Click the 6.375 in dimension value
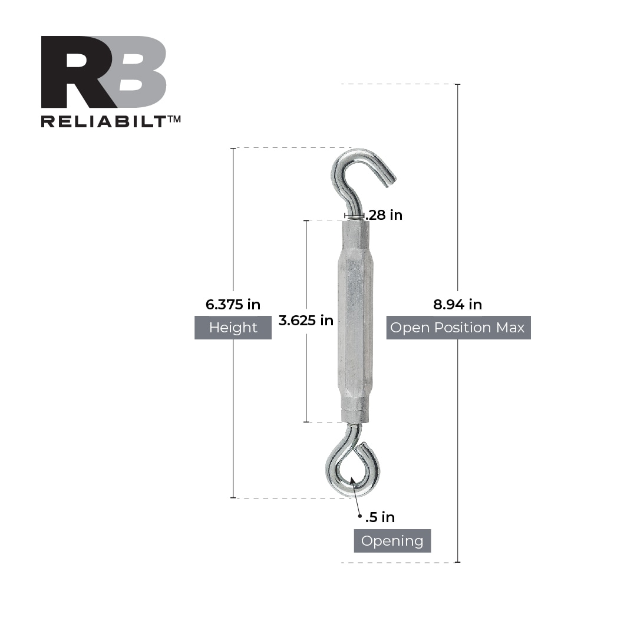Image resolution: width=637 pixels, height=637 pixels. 233,305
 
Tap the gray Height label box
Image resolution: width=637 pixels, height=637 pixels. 233,328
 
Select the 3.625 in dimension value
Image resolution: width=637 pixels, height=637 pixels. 306,321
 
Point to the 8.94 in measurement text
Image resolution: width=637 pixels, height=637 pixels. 457,305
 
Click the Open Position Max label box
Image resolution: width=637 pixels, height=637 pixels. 458,328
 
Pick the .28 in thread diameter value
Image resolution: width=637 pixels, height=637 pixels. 384,215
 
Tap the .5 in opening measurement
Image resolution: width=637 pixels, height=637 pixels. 380,517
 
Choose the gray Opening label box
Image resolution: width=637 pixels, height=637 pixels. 392,541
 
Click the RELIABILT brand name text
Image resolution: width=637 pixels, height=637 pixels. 104,121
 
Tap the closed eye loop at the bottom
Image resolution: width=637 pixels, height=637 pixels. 352,468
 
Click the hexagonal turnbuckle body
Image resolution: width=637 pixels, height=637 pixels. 355,321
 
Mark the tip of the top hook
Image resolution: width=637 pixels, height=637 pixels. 391,181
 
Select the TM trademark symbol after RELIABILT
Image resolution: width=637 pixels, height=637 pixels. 174,118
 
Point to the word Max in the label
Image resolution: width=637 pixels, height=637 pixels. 510,328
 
